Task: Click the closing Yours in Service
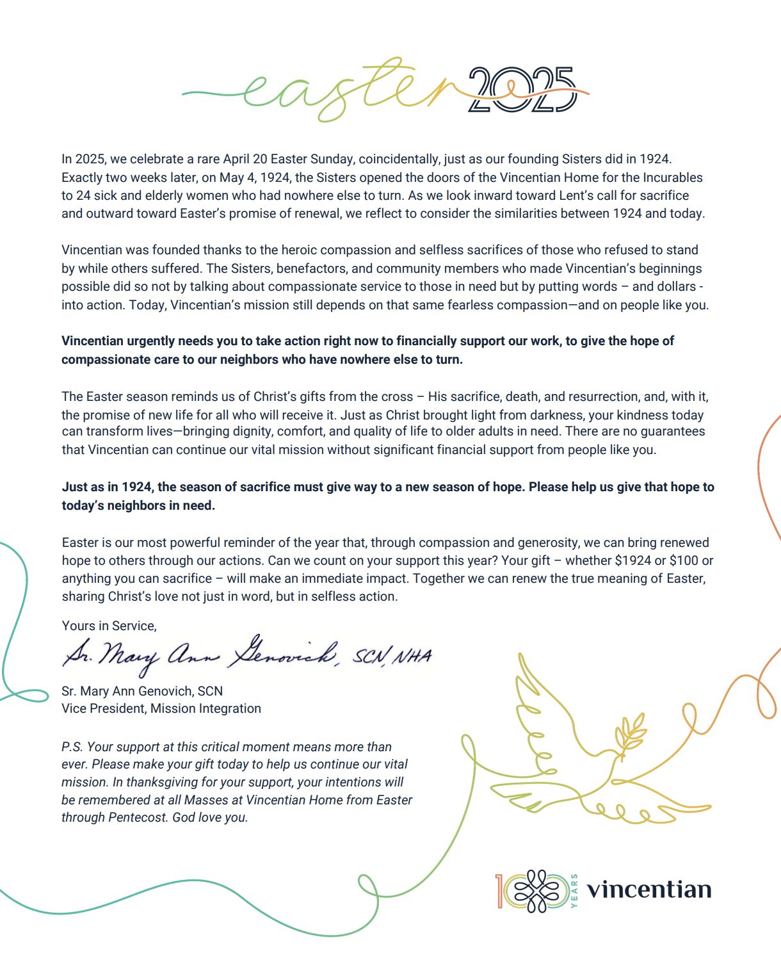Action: [109, 626]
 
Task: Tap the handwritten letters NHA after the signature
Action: [412, 656]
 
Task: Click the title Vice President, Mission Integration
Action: [161, 708]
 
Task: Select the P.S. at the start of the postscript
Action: [72, 747]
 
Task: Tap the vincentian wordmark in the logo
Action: [649, 890]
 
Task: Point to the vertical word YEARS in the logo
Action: [574, 890]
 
